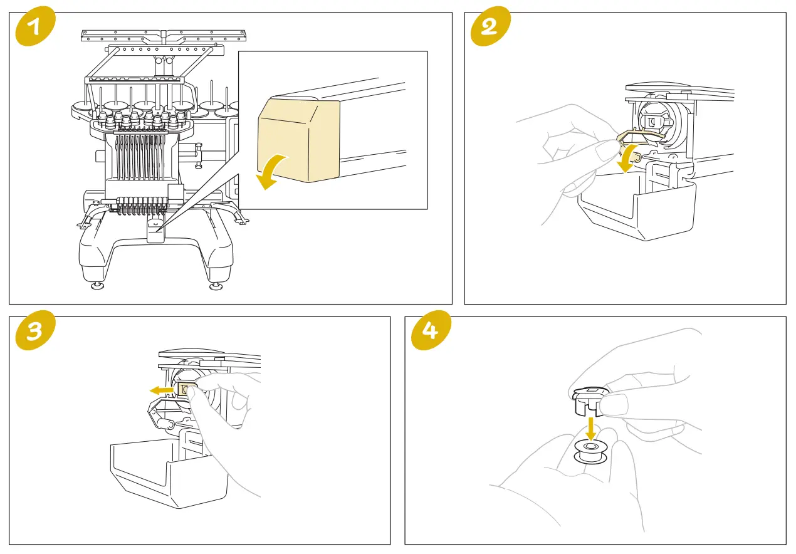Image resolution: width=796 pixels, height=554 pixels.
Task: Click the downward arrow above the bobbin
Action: [590, 430]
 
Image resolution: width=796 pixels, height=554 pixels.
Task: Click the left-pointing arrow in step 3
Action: [162, 390]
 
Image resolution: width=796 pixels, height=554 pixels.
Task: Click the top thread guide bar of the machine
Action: [162, 36]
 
